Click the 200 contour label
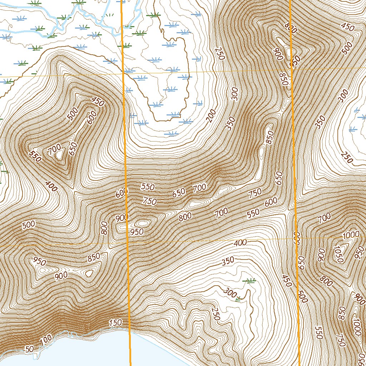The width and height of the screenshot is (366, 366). click(211, 115)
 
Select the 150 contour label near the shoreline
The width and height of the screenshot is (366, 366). click(115, 323)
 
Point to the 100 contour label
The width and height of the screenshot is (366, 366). click(46, 340)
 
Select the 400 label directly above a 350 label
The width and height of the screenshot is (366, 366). click(240, 243)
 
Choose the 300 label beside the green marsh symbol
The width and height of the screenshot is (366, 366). click(230, 292)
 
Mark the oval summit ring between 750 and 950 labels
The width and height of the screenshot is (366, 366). click(143, 223)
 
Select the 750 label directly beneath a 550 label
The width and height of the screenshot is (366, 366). click(149, 201)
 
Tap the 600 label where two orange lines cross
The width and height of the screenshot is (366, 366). click(296, 238)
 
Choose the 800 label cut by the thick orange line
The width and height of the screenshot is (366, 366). click(291, 29)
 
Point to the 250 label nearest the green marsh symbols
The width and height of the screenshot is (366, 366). click(215, 313)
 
